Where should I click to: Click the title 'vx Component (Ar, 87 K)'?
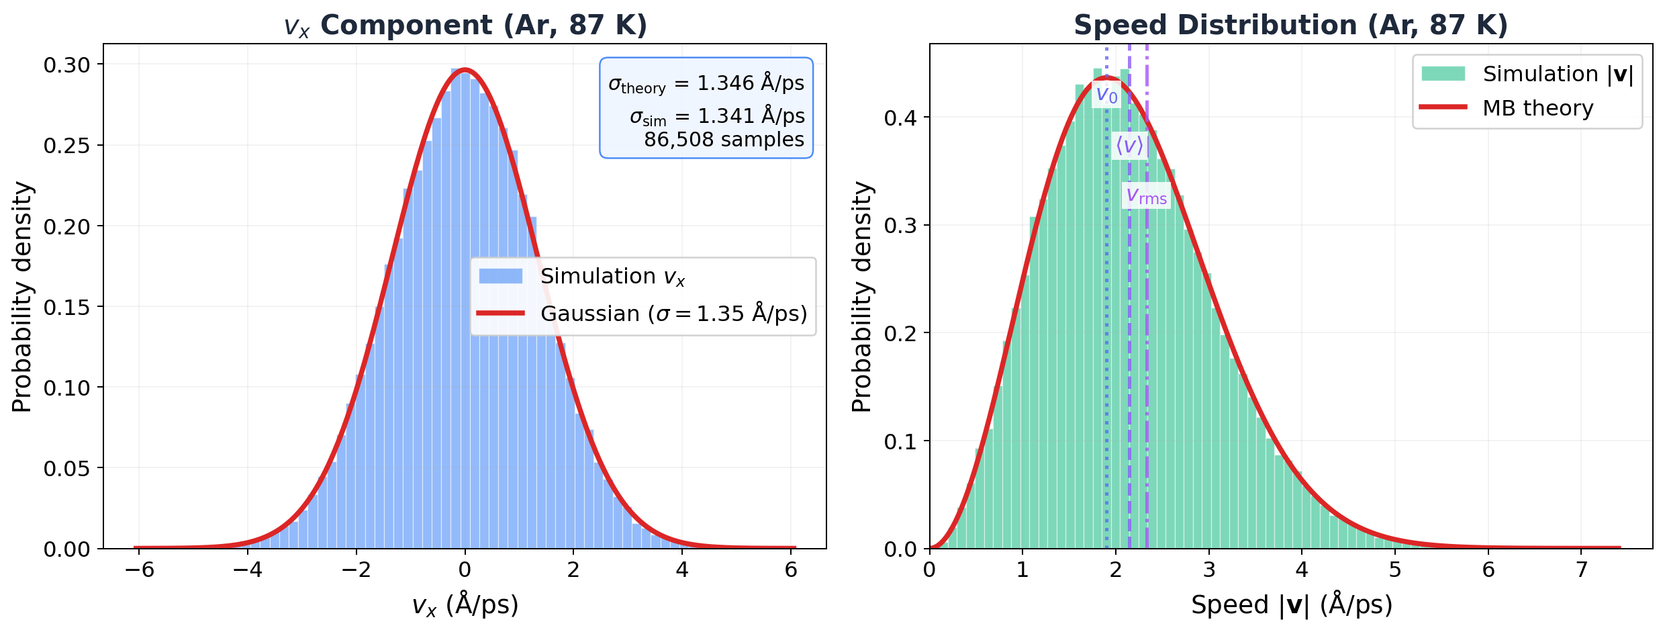465,26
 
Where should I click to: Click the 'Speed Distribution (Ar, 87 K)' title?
1290,26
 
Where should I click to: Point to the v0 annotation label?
1106,95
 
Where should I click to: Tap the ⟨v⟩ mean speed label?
1129,145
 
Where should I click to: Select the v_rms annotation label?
1146,196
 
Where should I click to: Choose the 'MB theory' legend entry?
1537,108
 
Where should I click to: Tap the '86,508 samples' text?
724,140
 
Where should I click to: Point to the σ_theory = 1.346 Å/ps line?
706,83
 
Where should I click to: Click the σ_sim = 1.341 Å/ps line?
716,116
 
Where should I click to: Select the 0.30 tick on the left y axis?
67,64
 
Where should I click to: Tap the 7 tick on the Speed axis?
1582,570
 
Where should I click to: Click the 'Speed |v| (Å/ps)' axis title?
1291,605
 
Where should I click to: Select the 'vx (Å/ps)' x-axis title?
465,605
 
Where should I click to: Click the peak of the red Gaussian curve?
465,69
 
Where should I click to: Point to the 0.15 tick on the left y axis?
67,307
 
